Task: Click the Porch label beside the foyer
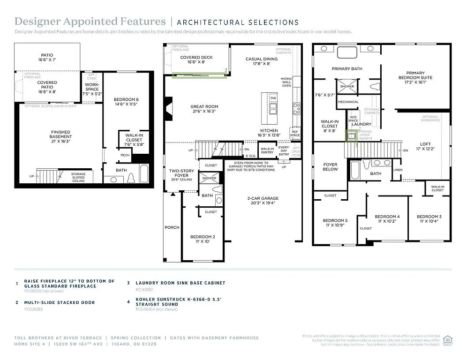(x=172, y=227)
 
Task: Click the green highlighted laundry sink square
(x=351, y=136)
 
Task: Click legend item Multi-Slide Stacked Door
(x=60, y=302)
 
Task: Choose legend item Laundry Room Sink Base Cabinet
(x=180, y=283)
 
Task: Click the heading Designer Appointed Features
(x=90, y=22)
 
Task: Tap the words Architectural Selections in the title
(x=238, y=22)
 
